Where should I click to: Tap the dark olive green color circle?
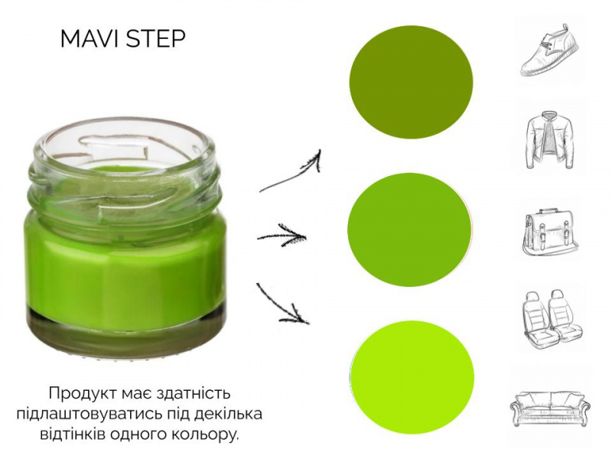tap(411, 82)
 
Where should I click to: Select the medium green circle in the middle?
tap(410, 229)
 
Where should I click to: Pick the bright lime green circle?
tap(412, 378)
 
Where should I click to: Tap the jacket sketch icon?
tap(550, 140)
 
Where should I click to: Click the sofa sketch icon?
tap(550, 409)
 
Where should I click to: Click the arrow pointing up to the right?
tap(291, 172)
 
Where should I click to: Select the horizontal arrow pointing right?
tap(282, 236)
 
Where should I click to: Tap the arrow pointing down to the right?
tap(282, 304)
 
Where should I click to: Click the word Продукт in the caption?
tap(82, 393)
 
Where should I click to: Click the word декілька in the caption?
tap(229, 414)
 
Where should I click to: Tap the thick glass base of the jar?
tap(127, 332)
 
